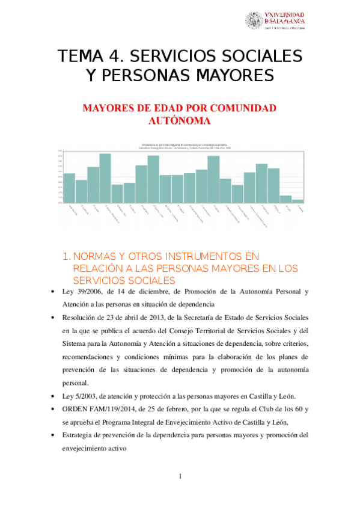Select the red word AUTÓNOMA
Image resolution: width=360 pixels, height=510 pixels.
(x=179, y=120)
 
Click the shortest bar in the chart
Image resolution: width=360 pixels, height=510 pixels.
(x=297, y=201)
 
